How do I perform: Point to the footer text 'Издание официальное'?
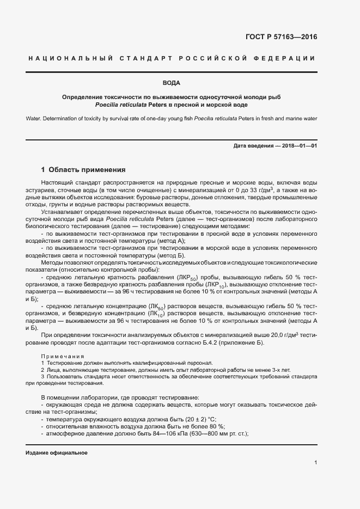click(57, 453)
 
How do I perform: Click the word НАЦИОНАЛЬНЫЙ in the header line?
click(69, 58)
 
